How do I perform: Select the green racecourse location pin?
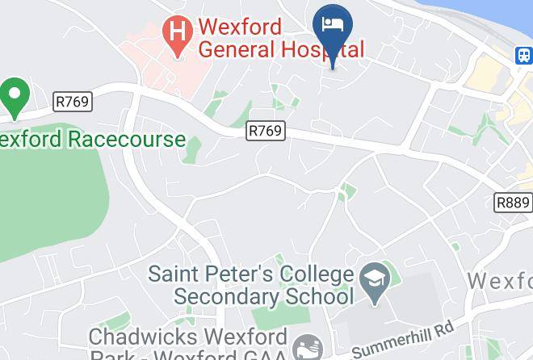coord(14,95)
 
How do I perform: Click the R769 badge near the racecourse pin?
coord(73,103)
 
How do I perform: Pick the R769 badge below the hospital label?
coord(266,130)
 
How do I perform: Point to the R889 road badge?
coord(513,203)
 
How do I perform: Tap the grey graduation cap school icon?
coord(375,279)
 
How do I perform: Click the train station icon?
coord(524,54)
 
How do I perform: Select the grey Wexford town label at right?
coord(501,281)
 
